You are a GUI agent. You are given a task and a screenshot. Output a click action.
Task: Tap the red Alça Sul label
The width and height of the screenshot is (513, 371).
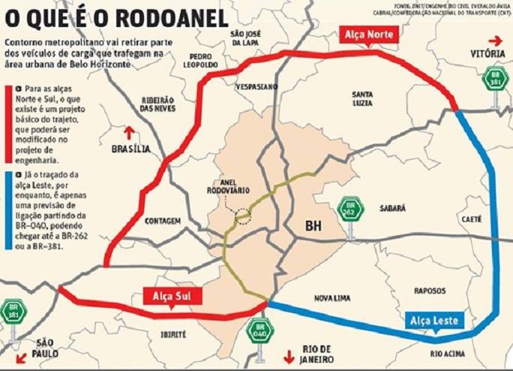coord(172,296)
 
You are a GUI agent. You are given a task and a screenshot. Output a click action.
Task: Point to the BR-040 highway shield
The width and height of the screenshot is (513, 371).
coord(260,331)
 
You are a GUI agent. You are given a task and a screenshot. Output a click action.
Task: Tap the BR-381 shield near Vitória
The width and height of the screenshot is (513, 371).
coord(493,79)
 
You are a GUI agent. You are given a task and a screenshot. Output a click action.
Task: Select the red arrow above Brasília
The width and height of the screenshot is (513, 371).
coord(129,133)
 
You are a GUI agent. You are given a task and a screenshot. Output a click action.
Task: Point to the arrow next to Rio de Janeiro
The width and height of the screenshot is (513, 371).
coord(286,355)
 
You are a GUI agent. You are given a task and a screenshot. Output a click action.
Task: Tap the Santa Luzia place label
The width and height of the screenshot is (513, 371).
coord(364,98)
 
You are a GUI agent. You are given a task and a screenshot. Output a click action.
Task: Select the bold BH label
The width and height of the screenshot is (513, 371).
coord(314,225)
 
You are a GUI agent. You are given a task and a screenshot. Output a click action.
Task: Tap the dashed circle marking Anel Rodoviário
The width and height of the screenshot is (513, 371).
coord(242,217)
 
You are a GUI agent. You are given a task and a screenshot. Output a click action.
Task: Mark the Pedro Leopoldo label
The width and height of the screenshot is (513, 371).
coord(203,60)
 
